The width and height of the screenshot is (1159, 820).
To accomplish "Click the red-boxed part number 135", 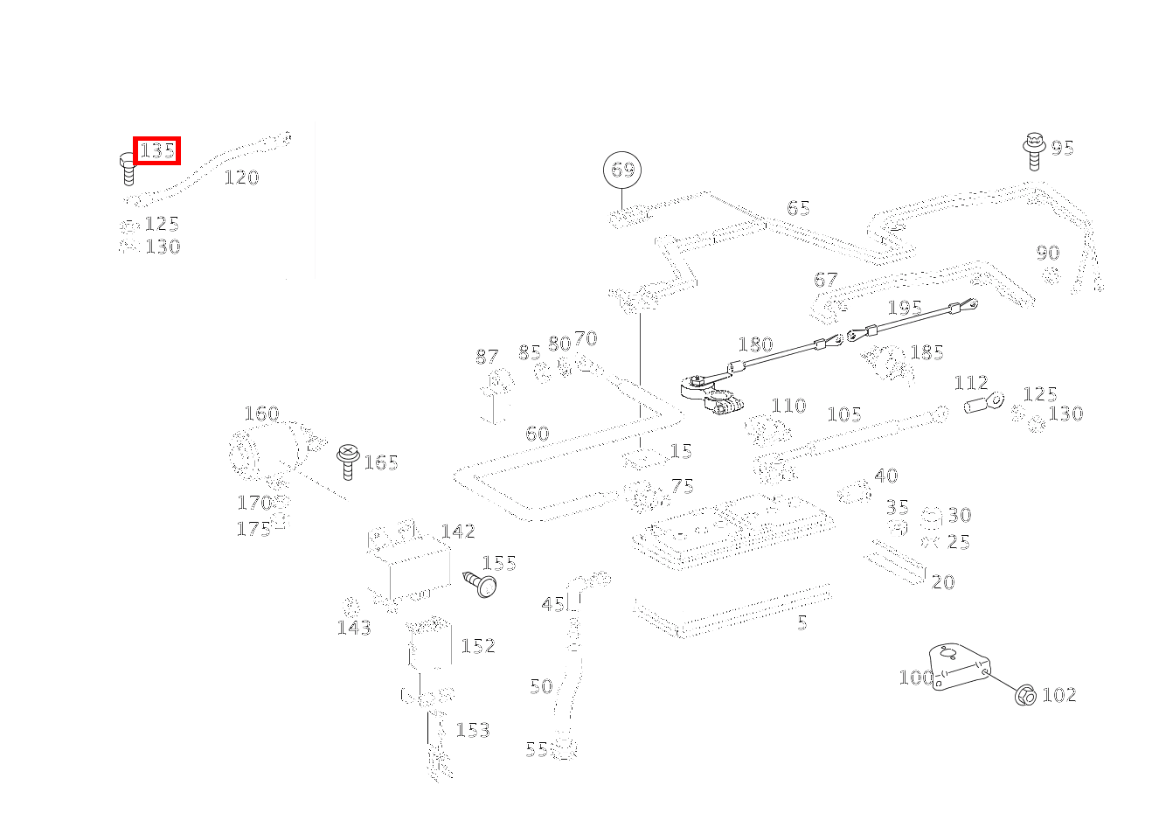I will point(157,150).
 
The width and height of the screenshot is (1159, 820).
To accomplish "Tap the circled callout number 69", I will point(622,170).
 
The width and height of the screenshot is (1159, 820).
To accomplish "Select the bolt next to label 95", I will point(1035,151).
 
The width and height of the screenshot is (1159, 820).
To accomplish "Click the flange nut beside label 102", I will point(1025,696).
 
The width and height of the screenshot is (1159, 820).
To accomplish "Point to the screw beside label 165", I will point(347,460).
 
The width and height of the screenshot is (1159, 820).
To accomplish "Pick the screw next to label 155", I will point(479,583).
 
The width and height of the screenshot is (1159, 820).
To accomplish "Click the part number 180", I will point(755,344).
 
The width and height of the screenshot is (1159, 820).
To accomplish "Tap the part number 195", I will point(904,308).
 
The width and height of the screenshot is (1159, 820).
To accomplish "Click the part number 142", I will point(458,532).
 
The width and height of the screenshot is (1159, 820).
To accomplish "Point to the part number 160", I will point(261,413).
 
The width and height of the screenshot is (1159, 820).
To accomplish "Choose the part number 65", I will point(798,208).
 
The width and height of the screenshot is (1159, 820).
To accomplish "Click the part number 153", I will point(473,730).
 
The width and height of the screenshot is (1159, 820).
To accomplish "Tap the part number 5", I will point(802,622).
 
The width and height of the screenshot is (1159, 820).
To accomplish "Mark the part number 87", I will point(487,357).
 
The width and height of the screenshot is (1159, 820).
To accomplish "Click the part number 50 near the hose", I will point(541,686).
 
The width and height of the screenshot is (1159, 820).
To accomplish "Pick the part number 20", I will point(943,582).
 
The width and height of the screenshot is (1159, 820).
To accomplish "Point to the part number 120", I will point(241,177).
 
